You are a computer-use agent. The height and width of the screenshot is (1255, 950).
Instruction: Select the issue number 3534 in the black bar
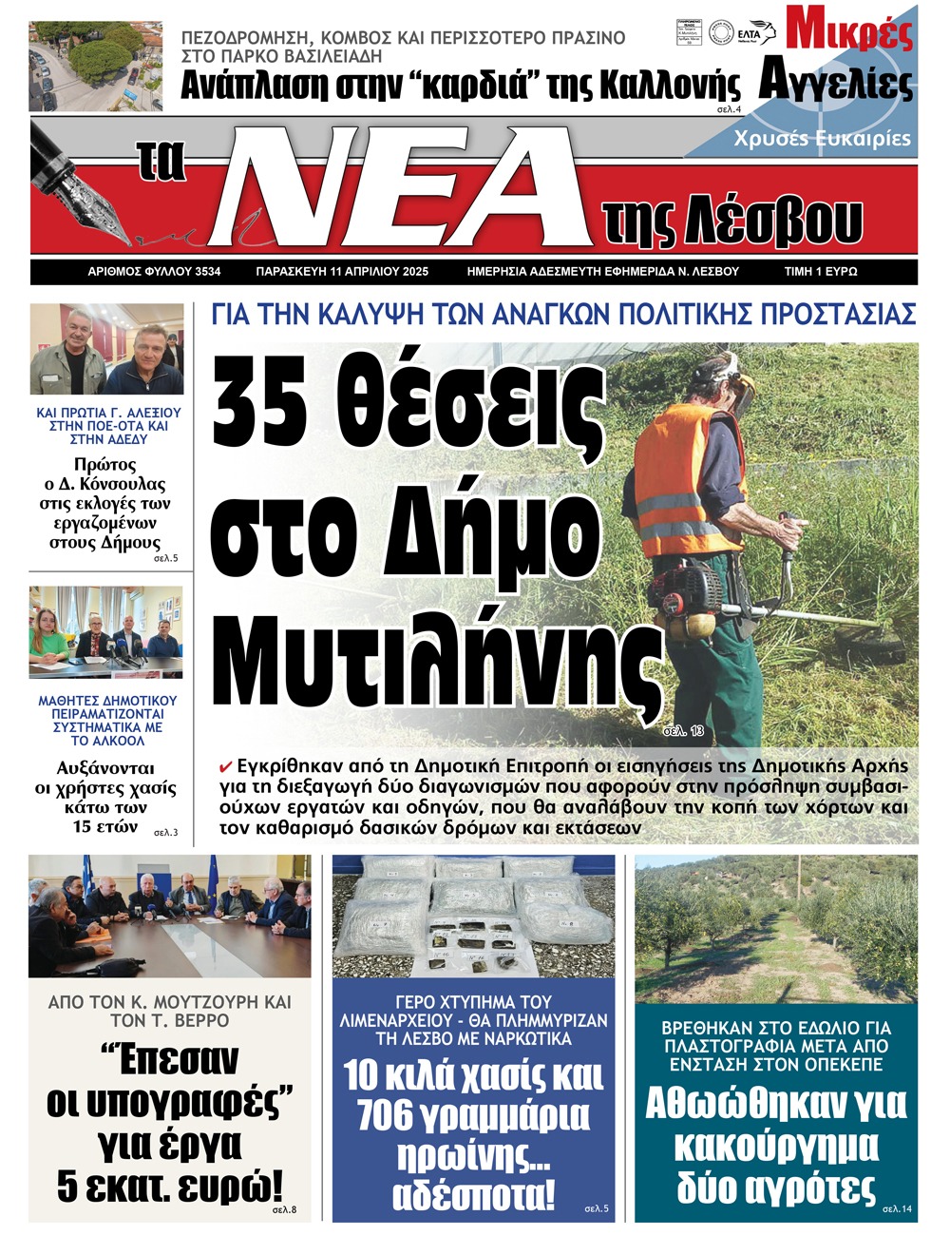pyautogui.click(x=207, y=272)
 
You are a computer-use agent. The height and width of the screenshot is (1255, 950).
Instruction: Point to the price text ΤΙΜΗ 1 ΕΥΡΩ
pyautogui.click(x=821, y=272)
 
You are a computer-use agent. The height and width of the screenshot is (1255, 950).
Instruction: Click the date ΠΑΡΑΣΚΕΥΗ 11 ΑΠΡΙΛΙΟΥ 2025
pyautogui.click(x=342, y=272)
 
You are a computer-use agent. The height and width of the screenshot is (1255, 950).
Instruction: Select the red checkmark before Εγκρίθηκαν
pyautogui.click(x=226, y=766)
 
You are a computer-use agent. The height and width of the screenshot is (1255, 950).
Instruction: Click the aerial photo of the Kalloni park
pyautogui.click(x=95, y=67)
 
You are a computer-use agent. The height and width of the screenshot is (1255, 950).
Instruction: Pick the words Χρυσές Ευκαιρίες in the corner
pyautogui.click(x=822, y=139)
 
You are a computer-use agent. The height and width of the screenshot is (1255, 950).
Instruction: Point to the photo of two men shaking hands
pyautogui.click(x=106, y=349)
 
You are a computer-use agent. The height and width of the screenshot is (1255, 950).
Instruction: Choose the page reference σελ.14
pyautogui.click(x=897, y=1208)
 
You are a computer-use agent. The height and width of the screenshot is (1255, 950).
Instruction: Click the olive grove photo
pyautogui.click(x=776, y=928)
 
